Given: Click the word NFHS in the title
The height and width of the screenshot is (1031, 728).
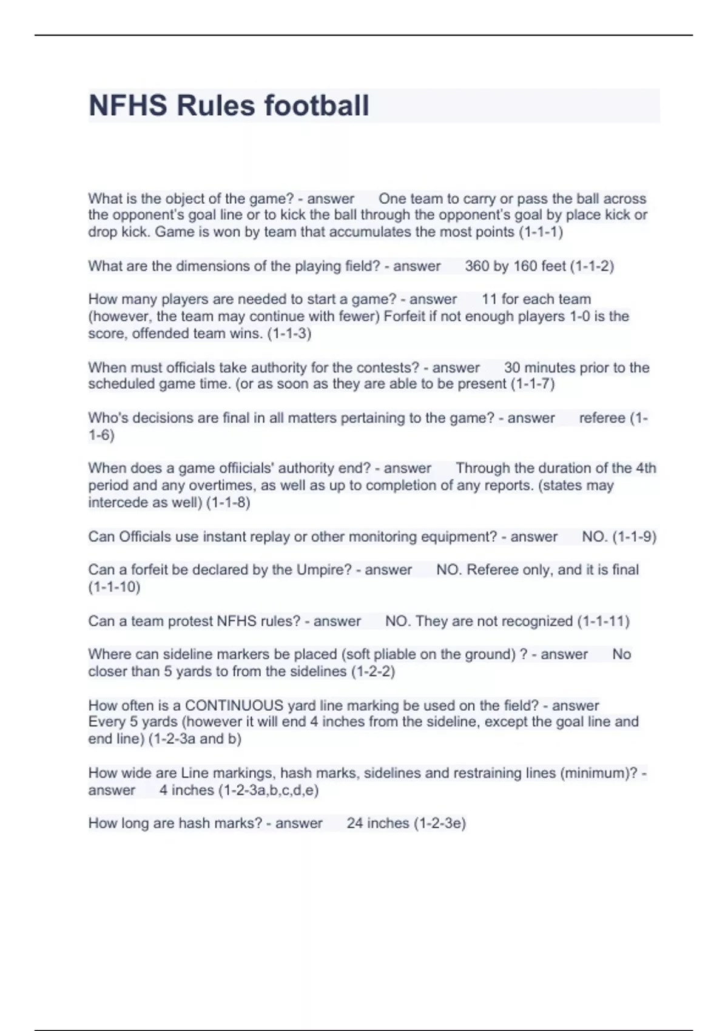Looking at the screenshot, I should (x=127, y=106).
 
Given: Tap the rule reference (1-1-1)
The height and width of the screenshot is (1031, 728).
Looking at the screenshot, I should (x=541, y=232).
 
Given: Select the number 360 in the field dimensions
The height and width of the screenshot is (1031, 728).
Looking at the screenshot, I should (x=477, y=266).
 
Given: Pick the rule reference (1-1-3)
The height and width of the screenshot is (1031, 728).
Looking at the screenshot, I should (x=289, y=334).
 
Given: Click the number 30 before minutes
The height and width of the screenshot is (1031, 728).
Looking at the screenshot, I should (x=512, y=368).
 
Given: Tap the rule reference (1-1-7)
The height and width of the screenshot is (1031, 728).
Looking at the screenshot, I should (x=532, y=384).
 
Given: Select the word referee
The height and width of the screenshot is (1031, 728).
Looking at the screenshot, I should (x=602, y=418).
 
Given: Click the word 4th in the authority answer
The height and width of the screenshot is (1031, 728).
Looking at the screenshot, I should (x=645, y=468).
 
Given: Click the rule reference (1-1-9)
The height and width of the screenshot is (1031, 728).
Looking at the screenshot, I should (x=634, y=537).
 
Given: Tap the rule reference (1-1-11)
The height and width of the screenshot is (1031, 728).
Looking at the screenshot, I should (x=603, y=622).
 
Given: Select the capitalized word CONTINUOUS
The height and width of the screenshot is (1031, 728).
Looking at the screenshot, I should (x=234, y=706).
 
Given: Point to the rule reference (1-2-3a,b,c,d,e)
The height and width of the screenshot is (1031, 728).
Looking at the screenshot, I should (x=268, y=790).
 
